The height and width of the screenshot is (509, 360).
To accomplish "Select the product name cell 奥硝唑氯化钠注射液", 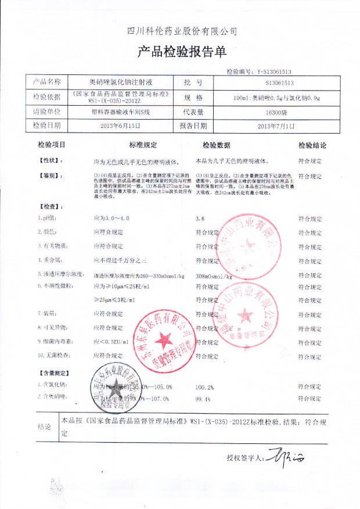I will coord(121,83).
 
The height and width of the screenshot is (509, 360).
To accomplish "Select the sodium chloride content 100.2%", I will coord(205,386).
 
